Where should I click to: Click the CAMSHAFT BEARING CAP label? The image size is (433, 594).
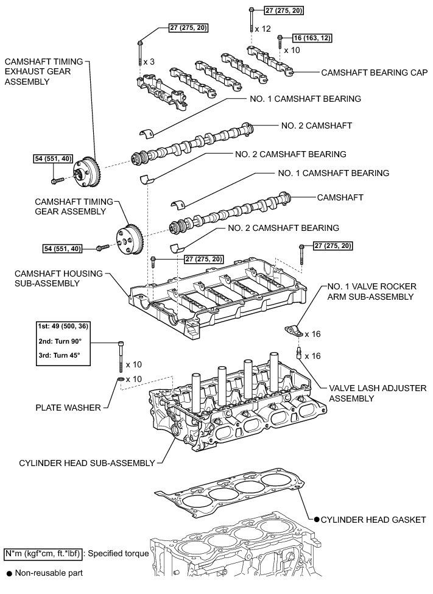pos(373,71)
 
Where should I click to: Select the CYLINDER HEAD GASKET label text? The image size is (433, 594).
pos(373,519)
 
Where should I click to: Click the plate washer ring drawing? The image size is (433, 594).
pos(121,380)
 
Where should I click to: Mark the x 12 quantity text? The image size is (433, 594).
pos(262,29)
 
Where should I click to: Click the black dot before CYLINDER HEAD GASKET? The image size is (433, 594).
pos(317,519)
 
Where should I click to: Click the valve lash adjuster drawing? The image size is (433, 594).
pos(299,354)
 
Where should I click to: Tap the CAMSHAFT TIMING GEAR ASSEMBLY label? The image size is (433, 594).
pos(70,206)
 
